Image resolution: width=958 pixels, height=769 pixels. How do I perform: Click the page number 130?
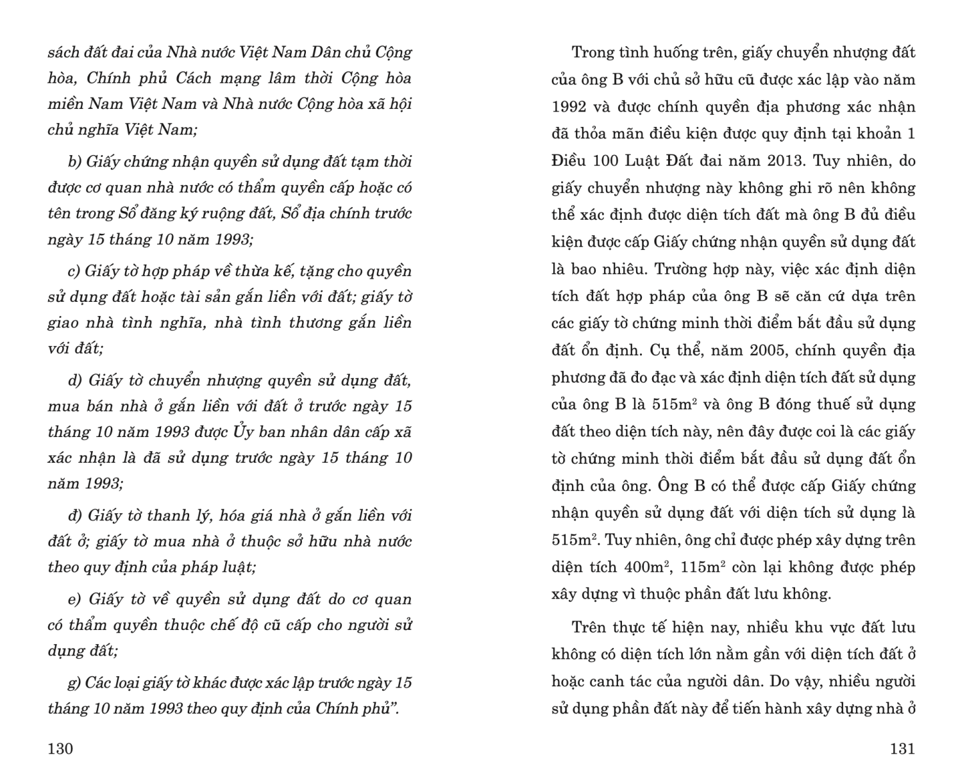pyautogui.click(x=60, y=748)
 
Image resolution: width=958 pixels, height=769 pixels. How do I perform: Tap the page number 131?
pyautogui.click(x=902, y=748)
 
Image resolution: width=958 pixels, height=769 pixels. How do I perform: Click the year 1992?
pyautogui.click(x=569, y=107)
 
